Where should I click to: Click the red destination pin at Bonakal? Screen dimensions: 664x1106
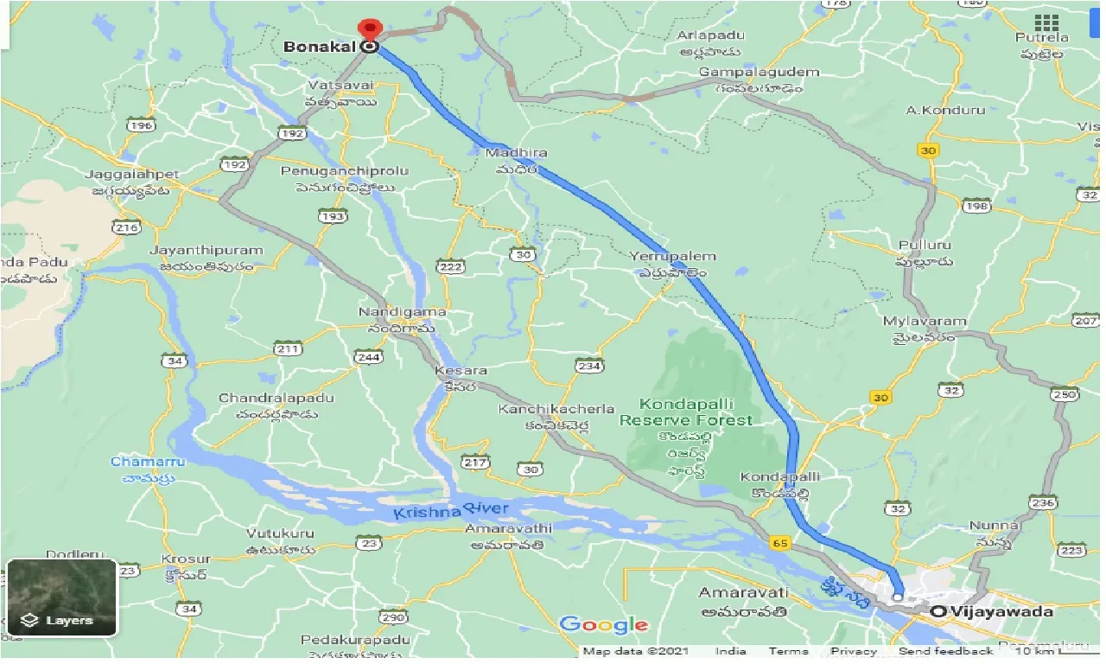371,29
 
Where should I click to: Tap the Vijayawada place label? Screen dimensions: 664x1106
1002,612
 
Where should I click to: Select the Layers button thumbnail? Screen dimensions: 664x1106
61,597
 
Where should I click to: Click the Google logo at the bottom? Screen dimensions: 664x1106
603,625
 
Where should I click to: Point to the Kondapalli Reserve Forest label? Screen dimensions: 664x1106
697,412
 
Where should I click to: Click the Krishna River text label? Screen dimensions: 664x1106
451,511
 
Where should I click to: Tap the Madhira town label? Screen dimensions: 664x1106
516,153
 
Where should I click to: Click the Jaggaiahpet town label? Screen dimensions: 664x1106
132,175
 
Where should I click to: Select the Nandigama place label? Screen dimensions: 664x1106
403,312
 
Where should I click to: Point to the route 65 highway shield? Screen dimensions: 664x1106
781,543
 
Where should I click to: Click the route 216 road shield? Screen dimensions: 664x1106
126,227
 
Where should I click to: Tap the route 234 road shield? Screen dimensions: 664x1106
588,367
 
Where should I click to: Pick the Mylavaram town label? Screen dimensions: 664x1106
924,322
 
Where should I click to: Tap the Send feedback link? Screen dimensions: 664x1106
945,652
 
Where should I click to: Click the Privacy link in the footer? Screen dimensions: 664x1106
853,652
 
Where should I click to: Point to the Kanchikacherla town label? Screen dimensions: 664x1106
556,409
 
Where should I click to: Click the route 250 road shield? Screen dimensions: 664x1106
1065,395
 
